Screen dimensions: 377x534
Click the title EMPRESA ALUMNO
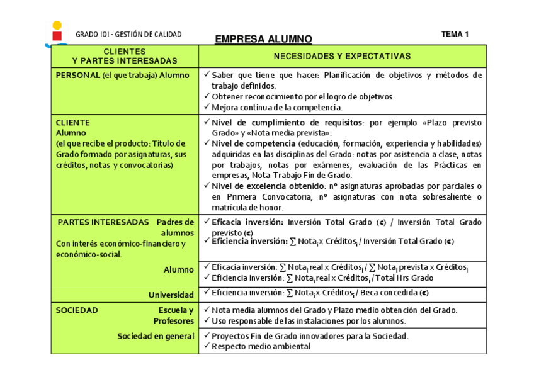pyautogui.click(x=263, y=39)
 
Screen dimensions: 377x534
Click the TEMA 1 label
pyautogui.click(x=455, y=35)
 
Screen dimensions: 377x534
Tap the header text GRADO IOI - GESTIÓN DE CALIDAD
pyautogui.click(x=128, y=35)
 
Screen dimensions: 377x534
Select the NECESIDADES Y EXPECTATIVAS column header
pyautogui.click(x=342, y=56)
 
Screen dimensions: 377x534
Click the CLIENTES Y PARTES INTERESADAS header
pyautogui.click(x=125, y=56)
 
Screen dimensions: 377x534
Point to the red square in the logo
pyautogui.click(x=57, y=36)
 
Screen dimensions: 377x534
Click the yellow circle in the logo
pyautogui.click(x=57, y=25)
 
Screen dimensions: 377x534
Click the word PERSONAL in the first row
pyautogui.click(x=78, y=75)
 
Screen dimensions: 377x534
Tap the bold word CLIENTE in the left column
pyautogui.click(x=73, y=123)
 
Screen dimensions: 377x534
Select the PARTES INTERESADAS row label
pyautogui.click(x=103, y=222)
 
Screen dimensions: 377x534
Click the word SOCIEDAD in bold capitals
pyautogui.click(x=77, y=310)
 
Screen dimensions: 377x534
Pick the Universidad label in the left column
pyautogui.click(x=171, y=295)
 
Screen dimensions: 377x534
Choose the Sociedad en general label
pyautogui.click(x=156, y=336)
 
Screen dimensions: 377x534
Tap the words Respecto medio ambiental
pyautogui.click(x=261, y=346)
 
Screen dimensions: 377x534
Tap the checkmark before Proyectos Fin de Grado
pyautogui.click(x=206, y=335)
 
